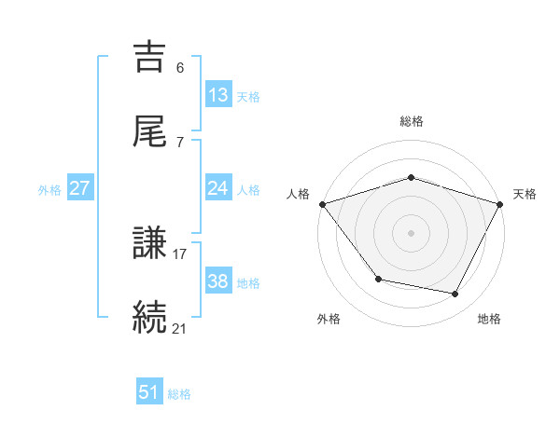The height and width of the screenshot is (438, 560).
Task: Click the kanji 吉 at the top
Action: click(151, 59)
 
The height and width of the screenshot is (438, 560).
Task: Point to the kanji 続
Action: click(151, 317)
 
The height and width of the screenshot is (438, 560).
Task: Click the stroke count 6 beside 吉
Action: click(180, 68)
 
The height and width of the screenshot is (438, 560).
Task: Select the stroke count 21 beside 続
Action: click(180, 327)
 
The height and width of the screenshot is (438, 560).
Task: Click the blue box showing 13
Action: click(218, 95)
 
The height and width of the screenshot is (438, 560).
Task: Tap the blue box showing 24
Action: click(218, 188)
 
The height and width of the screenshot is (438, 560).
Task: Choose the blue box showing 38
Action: click(218, 281)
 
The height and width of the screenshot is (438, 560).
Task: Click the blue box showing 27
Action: click(80, 188)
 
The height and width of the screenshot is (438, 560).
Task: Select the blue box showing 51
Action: click(149, 392)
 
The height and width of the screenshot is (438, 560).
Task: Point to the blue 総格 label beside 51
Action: click(179, 394)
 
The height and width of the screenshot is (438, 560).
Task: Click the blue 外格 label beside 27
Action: click(49, 189)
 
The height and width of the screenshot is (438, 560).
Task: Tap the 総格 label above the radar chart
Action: click(411, 121)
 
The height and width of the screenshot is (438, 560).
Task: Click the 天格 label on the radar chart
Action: click(525, 194)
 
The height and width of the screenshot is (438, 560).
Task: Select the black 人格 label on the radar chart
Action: click(298, 194)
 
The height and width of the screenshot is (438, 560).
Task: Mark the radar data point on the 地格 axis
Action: click(455, 294)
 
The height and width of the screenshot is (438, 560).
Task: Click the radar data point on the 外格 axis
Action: click(378, 279)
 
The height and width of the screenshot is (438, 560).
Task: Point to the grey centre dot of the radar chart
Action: click(411, 232)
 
